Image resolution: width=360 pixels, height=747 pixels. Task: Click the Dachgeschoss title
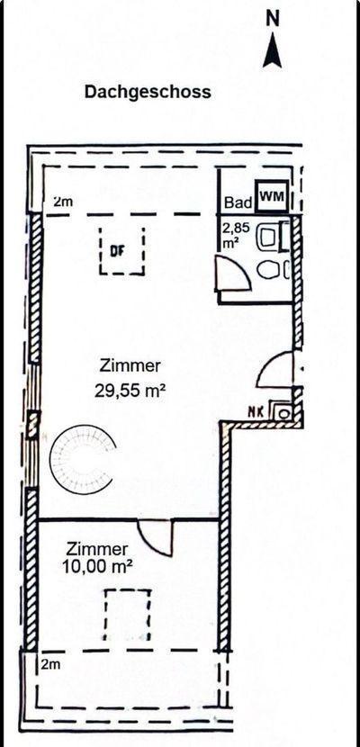pos(148,92)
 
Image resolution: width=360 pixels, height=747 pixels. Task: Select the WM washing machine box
pos(272,196)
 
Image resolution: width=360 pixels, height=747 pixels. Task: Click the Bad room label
pos(238,202)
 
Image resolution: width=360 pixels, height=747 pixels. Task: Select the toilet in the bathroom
pos(273,270)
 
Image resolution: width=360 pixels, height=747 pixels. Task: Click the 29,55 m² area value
pos(130,391)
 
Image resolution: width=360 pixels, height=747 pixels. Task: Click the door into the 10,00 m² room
pos(155,537)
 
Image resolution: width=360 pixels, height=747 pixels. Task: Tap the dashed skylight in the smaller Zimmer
pos(128,615)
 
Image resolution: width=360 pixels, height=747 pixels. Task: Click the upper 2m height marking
pos(63,202)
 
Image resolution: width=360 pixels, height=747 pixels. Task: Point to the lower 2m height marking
pos(50,664)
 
